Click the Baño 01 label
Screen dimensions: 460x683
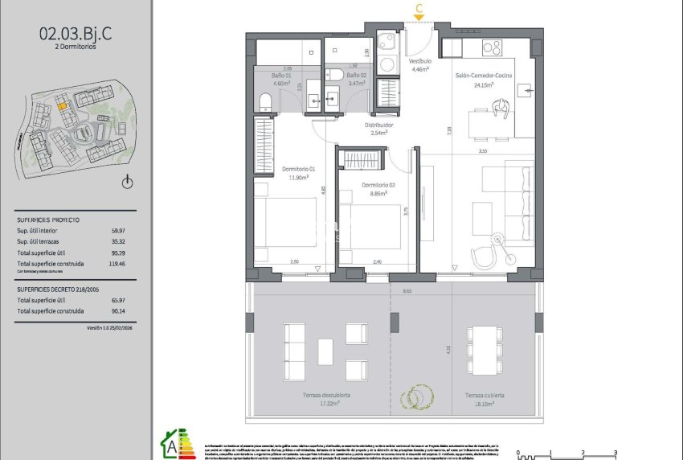point(281,75)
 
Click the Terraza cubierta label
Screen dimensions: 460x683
point(484,396)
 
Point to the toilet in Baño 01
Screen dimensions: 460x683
point(265,101)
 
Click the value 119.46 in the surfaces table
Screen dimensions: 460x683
point(119,264)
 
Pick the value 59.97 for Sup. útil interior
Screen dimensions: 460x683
point(119,230)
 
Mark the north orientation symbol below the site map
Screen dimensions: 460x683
point(126,183)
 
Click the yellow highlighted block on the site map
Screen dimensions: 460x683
point(61,104)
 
